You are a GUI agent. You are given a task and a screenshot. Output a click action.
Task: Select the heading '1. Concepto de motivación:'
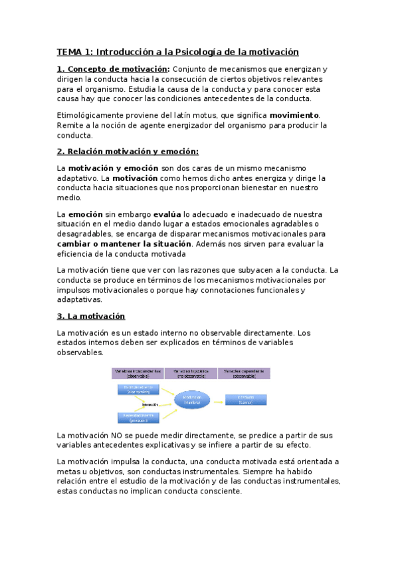click(x=113, y=69)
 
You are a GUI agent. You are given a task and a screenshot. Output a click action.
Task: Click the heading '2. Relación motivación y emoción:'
click(x=128, y=152)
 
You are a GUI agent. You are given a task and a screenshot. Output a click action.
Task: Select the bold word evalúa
click(x=167, y=215)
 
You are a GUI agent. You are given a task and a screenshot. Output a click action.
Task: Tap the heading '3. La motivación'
click(x=91, y=316)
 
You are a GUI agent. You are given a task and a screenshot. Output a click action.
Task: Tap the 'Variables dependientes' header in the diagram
click(x=245, y=372)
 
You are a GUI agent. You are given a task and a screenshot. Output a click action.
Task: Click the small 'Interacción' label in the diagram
click(x=149, y=404)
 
